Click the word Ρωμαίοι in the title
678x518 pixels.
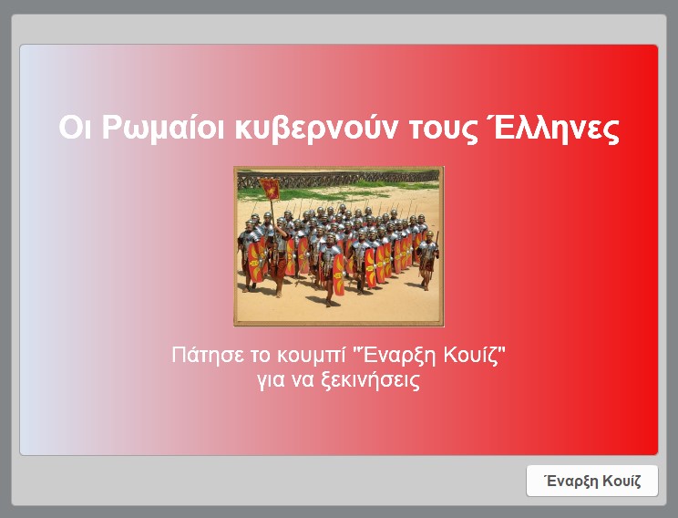tap(163, 128)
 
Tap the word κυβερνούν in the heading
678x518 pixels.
tap(315, 129)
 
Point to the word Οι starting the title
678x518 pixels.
tap(75, 128)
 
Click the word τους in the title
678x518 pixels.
tap(440, 129)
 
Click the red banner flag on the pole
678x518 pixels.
tap(270, 189)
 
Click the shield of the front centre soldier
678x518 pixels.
tap(338, 275)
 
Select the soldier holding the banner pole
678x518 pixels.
tap(279, 260)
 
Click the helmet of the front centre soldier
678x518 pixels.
tap(331, 237)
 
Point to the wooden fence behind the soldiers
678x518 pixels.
tap(338, 179)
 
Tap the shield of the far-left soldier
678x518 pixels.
tap(255, 263)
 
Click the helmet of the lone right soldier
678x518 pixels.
tap(429, 234)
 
